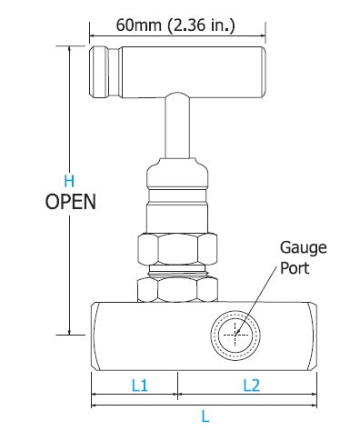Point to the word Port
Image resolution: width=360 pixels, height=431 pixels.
coord(295,268)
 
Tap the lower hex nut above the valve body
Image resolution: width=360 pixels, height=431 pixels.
coord(177,290)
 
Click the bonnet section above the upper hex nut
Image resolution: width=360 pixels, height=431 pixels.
coord(177,195)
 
